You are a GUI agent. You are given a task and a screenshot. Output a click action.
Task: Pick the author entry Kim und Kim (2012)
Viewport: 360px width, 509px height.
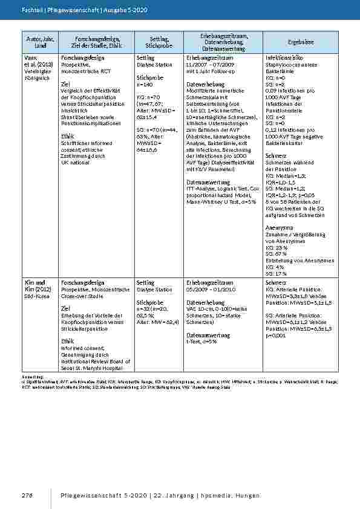34,286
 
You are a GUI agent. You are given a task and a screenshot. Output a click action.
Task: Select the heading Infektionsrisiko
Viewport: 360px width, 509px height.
284,57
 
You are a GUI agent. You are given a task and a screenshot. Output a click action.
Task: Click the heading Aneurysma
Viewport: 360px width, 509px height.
280,227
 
